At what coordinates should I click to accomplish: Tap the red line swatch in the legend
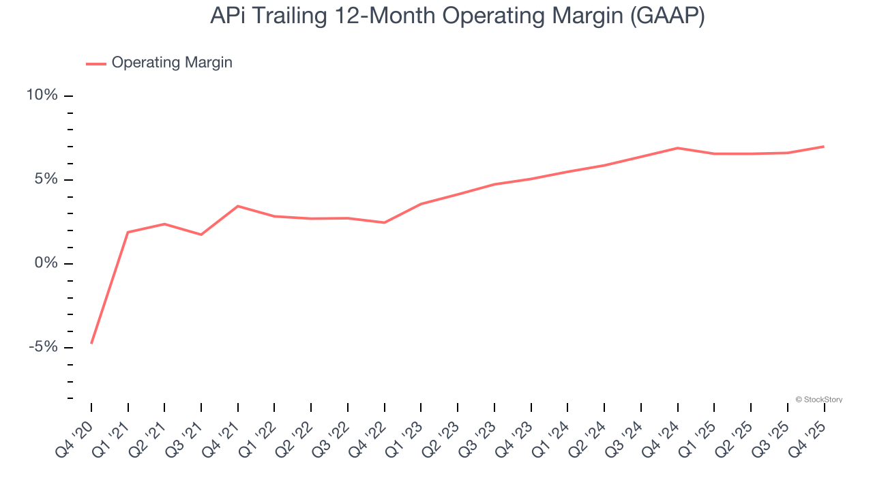95,63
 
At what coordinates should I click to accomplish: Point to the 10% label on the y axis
42,95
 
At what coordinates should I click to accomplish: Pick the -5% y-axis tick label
43,348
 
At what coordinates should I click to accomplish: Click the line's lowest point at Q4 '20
91,343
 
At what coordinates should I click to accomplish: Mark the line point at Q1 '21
128,233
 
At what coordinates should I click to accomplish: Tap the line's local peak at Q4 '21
238,206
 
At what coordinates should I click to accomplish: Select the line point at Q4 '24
678,148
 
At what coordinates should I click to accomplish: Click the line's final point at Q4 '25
824,147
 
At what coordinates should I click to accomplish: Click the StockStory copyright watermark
818,400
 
